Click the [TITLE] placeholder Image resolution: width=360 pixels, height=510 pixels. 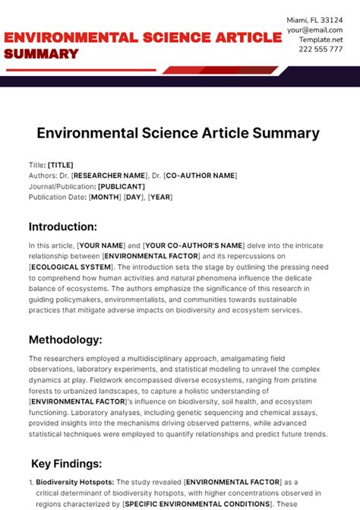pyautogui.click(x=61, y=165)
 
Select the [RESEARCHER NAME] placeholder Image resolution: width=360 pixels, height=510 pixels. pyautogui.click(x=112, y=176)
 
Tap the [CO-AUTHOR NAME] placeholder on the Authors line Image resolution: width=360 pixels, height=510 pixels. pyautogui.click(x=201, y=176)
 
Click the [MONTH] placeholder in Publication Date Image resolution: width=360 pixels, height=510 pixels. pyautogui.click(x=105, y=197)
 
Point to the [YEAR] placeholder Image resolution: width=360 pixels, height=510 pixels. pyautogui.click(x=160, y=197)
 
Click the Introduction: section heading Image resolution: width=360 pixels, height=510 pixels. pyautogui.click(x=63, y=226)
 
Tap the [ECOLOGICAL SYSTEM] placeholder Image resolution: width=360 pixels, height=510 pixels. pyautogui.click(x=68, y=268)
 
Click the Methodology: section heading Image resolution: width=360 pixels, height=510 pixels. pyautogui.click(x=66, y=339)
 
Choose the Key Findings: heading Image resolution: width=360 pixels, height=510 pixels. pyautogui.click(x=67, y=463)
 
